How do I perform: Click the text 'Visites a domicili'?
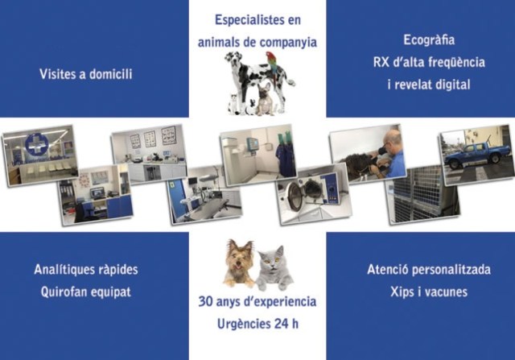click(x=86, y=74)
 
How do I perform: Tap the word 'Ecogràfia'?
click(x=429, y=40)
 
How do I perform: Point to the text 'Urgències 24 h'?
click(x=257, y=324)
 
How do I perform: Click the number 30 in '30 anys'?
click(x=205, y=301)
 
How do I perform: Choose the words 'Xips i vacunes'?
click(x=429, y=292)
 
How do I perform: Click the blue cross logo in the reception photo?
click(x=37, y=144)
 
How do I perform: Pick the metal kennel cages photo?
click(x=422, y=196)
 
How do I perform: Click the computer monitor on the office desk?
click(x=97, y=193)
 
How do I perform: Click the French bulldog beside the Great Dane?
click(x=265, y=98)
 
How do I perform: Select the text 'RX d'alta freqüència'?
click(x=429, y=63)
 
